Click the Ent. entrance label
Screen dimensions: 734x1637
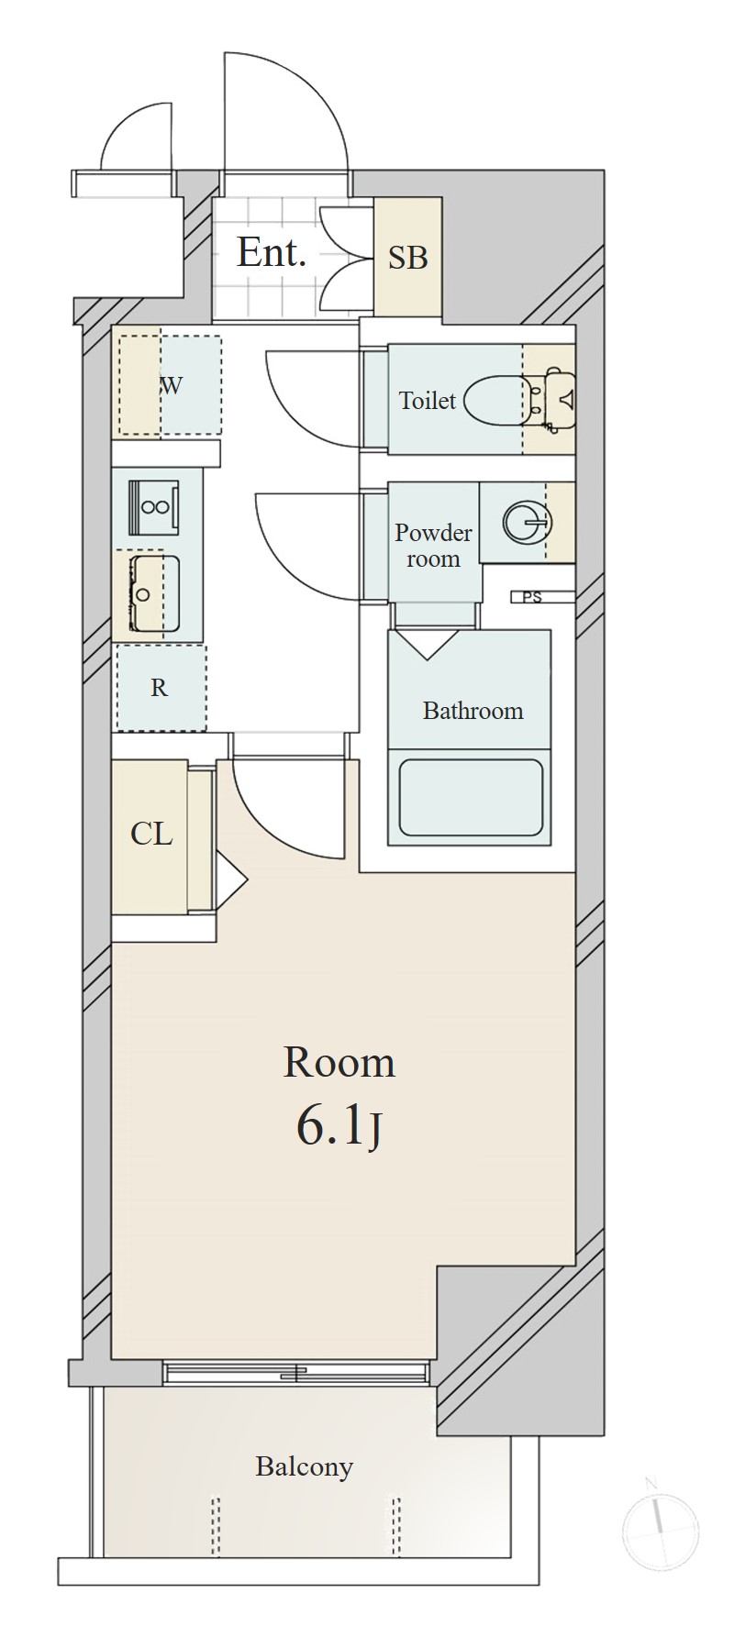[271, 252]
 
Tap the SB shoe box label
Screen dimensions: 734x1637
[408, 258]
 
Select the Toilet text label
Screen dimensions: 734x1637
[427, 400]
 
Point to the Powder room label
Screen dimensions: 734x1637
[433, 546]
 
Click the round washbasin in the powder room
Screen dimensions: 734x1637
[528, 523]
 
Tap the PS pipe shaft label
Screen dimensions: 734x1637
[532, 598]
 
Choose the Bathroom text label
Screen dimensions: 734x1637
[473, 711]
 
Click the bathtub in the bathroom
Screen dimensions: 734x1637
[470, 797]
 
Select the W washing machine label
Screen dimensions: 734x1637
[172, 385]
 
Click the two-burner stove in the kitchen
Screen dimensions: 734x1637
[154, 507]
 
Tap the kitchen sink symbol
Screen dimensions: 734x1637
[154, 593]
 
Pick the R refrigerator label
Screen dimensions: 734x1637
[160, 688]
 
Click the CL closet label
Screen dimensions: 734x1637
[151, 834]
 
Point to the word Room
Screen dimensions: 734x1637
[339, 1062]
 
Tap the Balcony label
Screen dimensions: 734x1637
[304, 1467]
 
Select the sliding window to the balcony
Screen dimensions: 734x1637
[295, 1372]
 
